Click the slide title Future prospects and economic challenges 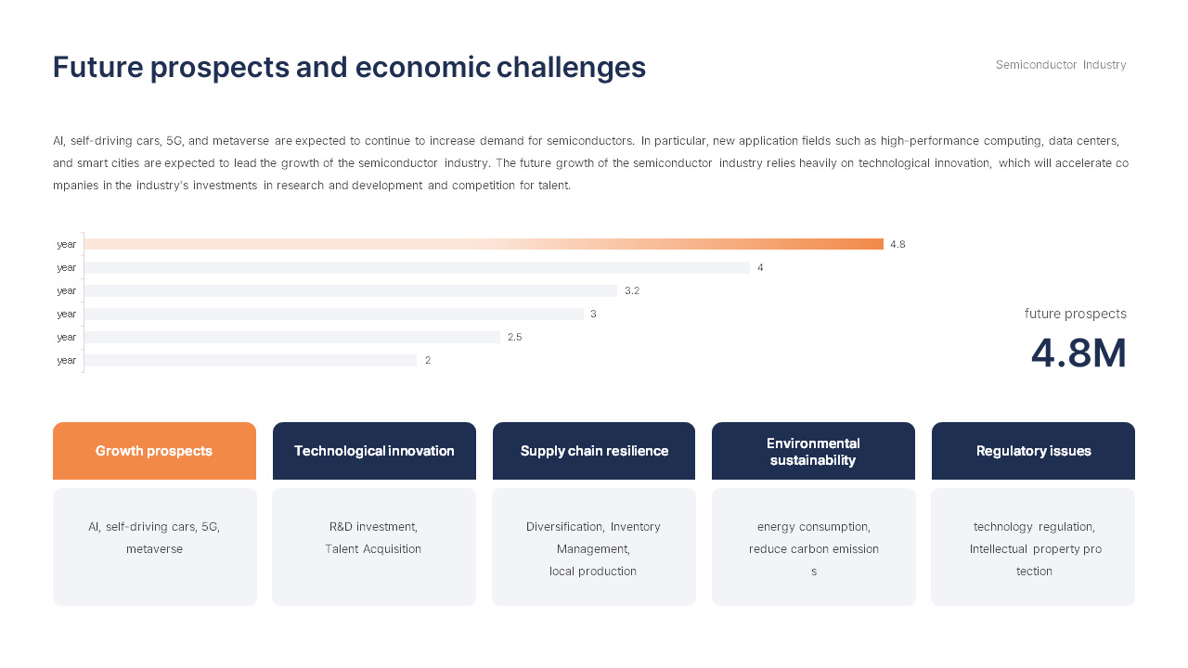tap(349, 68)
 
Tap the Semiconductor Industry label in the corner tap(1061, 65)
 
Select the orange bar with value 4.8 tap(484, 244)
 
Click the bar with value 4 tap(417, 267)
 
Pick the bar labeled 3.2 tap(351, 290)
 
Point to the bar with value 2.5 tap(292, 337)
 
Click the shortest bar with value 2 tap(251, 360)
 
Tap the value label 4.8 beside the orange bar tap(897, 244)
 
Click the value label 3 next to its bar tap(593, 314)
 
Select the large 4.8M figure tap(1078, 353)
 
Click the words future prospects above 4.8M tap(1075, 314)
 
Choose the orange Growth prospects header tap(154, 451)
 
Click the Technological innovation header tap(374, 451)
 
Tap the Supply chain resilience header tap(594, 451)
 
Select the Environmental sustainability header tap(813, 451)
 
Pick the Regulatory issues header tap(1033, 451)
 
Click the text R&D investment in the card tap(373, 527)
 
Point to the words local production tap(593, 572)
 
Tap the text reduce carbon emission tap(813, 549)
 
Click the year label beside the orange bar tap(67, 244)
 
